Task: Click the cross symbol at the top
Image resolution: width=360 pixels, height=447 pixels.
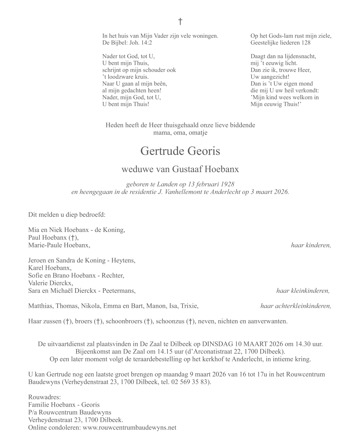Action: [180, 21]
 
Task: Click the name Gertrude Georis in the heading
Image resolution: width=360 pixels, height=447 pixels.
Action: [180, 151]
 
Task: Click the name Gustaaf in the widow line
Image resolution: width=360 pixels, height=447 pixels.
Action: [183, 169]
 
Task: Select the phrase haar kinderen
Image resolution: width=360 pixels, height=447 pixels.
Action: [311, 245]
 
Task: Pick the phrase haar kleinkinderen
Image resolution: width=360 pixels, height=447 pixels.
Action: [303, 291]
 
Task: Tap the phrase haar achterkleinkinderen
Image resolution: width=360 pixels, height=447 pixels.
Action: [296, 306]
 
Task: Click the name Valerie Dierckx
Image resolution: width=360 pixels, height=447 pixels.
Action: [50, 283]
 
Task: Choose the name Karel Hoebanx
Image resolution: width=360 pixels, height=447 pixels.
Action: [50, 268]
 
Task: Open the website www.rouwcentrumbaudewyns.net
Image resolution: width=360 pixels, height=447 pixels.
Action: [129, 427]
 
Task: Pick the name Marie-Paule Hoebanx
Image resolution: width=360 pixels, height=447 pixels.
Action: [59, 245]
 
